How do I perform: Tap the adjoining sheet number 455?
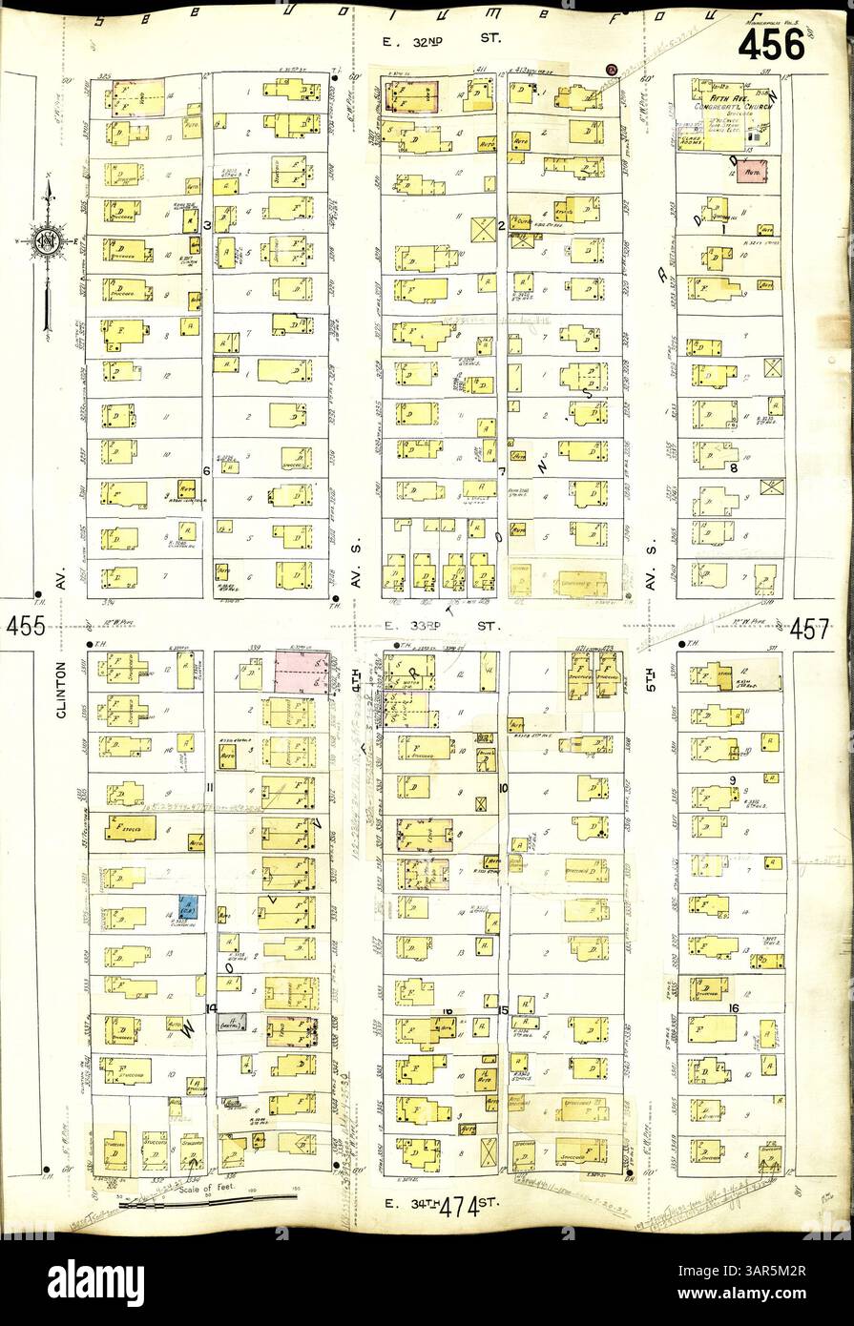pyautogui.click(x=29, y=627)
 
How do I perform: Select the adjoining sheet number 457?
pyautogui.click(x=811, y=629)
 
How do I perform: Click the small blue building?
pyautogui.click(x=188, y=907)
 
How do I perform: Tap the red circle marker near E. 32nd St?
pyautogui.click(x=612, y=68)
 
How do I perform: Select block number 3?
pyautogui.click(x=207, y=224)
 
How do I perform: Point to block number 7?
pyautogui.click(x=500, y=470)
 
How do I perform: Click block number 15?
pyautogui.click(x=504, y=1009)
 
